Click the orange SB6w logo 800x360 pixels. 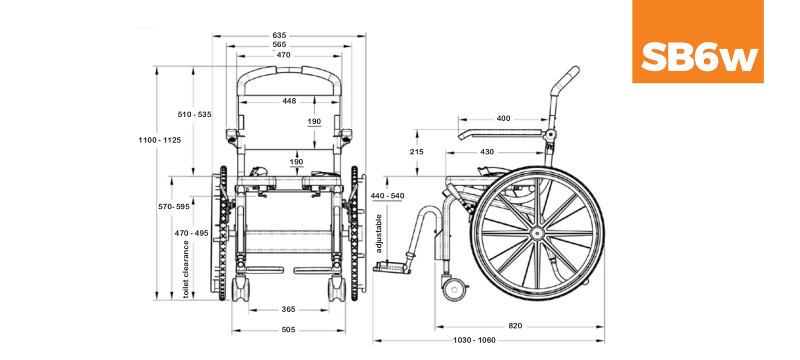(698, 41)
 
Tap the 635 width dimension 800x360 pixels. (279, 35)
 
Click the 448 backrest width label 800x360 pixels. (289, 101)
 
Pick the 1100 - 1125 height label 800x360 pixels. (159, 140)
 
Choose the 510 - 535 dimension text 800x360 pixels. (194, 114)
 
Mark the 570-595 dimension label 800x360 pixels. (174, 206)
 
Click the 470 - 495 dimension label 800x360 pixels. (191, 233)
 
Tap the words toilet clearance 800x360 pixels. (186, 269)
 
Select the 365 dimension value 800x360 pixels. (288, 310)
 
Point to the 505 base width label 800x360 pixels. (288, 330)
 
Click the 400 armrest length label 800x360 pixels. (503, 118)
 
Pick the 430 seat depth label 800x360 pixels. (486, 152)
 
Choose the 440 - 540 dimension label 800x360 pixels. (387, 196)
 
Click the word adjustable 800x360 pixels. (379, 234)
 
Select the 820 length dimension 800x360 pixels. (515, 326)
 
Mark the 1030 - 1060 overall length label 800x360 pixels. (475, 340)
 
